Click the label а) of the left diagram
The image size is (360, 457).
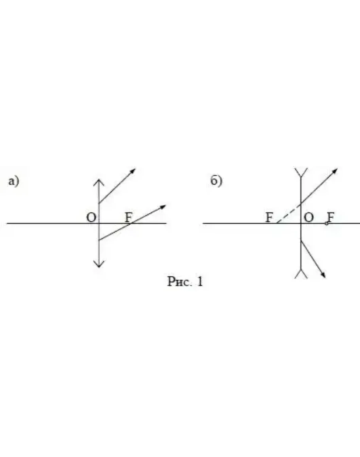[x=13, y=181]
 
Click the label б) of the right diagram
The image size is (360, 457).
[x=216, y=181]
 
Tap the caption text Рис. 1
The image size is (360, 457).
[x=185, y=281]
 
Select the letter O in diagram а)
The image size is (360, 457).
[x=91, y=218]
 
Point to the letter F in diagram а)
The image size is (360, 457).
[x=129, y=218]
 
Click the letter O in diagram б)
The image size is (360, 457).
[x=309, y=218]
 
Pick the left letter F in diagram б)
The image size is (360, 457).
[x=269, y=218]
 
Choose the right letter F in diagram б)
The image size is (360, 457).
[x=330, y=218]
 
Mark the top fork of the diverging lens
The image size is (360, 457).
[x=301, y=172]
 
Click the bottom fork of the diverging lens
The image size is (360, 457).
[x=301, y=274]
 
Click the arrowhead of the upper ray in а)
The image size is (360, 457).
[x=133, y=171]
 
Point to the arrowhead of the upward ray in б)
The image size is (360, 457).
[x=335, y=171]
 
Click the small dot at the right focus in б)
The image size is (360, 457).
[x=327, y=224]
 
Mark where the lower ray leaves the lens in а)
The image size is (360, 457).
[x=99, y=240]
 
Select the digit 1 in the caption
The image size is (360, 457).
[x=199, y=281]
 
